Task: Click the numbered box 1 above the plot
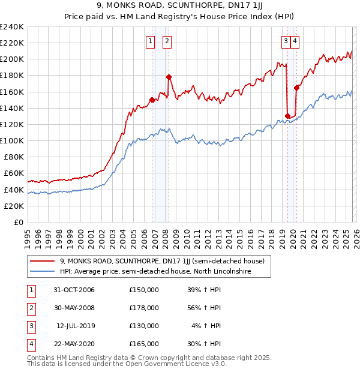[149, 41]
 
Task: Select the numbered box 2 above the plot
[166, 41]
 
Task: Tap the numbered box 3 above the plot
[286, 41]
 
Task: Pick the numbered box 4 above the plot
[296, 41]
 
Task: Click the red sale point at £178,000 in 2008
[169, 77]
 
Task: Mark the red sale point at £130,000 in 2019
[287, 116]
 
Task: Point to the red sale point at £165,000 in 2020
[296, 88]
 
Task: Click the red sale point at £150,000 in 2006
[152, 100]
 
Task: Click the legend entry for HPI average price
[155, 272]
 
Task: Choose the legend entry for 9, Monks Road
[166, 261]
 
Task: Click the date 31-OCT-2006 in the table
[73, 290]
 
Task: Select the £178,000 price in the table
[144, 308]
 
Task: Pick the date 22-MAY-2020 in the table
[73, 344]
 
